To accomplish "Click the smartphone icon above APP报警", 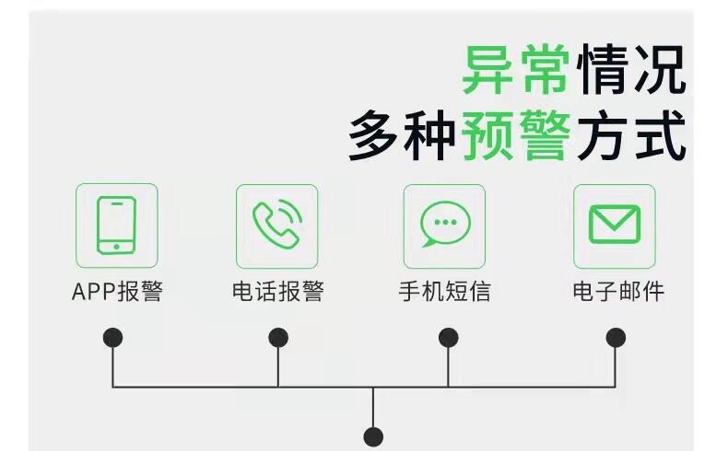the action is (116, 225).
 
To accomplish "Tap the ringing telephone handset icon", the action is (277, 225).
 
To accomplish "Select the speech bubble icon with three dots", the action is (445, 225).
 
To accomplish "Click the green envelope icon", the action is (615, 225).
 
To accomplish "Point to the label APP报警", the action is (117, 292).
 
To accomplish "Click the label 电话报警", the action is (278, 292).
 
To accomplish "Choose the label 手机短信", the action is (445, 292).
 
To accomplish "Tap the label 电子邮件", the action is (618, 292).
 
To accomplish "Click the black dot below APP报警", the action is (112, 338).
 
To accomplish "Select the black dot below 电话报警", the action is (278, 338).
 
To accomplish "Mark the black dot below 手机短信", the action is (448, 338).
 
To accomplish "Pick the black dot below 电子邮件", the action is (616, 338).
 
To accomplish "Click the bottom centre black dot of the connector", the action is (373, 436).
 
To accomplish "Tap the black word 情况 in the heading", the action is (631, 69).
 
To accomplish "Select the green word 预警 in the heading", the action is (516, 135).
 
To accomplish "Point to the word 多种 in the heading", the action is (402, 135).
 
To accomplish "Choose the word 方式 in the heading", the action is (631, 135).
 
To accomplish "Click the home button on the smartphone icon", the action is (116, 247).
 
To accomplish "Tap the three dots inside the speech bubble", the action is (445, 222).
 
